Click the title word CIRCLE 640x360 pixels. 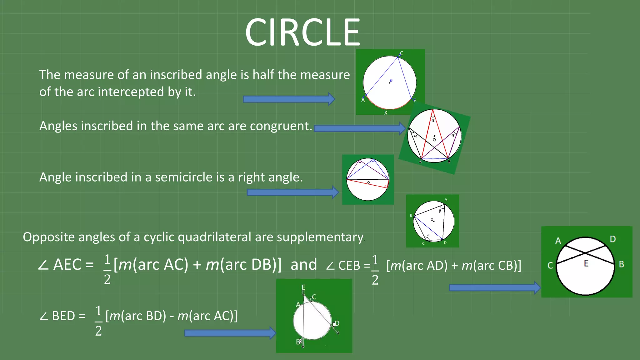coord(302,32)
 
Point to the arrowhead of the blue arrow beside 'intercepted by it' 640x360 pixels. coord(331,99)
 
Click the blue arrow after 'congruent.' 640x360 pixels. coord(359,128)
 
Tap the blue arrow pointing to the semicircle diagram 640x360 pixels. coord(292,192)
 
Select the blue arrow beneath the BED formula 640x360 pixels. coord(230,333)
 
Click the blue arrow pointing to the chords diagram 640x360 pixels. coord(494,287)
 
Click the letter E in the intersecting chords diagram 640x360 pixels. coord(586,263)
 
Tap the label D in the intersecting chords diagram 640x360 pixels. coord(612,239)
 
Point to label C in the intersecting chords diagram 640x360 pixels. coord(550,265)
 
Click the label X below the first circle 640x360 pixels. coord(386,112)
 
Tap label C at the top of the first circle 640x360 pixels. coord(402,53)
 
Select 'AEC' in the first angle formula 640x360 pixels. coord(67,265)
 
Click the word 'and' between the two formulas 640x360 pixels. coord(303,265)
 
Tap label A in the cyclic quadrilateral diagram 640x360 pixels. coord(446,199)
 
